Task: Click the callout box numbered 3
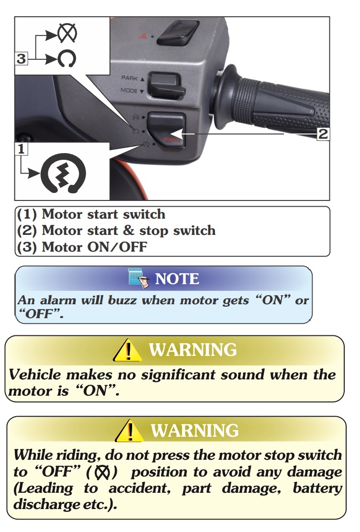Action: click(x=21, y=58)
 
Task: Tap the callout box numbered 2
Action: click(x=323, y=133)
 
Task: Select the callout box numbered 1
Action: click(x=21, y=149)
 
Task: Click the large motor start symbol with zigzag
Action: click(x=63, y=173)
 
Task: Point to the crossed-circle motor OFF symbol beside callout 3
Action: click(x=67, y=33)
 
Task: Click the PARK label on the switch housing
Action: click(x=129, y=78)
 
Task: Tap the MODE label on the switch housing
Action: click(x=129, y=90)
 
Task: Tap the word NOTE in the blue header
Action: click(x=177, y=279)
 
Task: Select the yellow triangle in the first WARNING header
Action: click(x=127, y=350)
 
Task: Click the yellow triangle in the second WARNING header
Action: click(x=129, y=431)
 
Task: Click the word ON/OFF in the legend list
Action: click(x=117, y=247)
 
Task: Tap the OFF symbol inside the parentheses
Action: click(x=102, y=472)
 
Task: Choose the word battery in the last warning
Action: click(x=317, y=488)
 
